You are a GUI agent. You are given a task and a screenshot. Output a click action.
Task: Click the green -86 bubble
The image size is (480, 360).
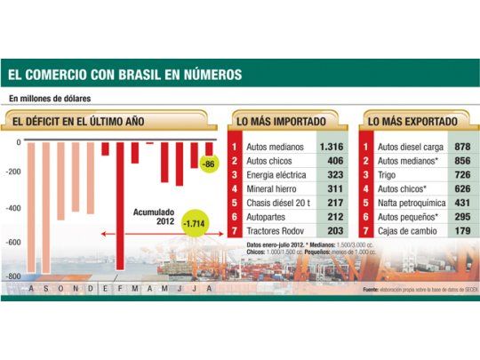coord(209,164)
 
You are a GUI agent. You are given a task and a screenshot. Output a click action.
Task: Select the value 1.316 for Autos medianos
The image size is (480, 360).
coord(330,146)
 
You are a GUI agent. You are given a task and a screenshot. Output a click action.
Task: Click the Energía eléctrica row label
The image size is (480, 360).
coord(276,176)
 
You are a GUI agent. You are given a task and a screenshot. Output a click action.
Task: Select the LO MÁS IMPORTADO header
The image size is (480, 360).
coord(278,119)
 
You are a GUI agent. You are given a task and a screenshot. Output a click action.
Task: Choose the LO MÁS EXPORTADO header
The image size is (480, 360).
coord(413,119)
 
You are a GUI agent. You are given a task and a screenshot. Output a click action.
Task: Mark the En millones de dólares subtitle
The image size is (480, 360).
coord(51,97)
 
